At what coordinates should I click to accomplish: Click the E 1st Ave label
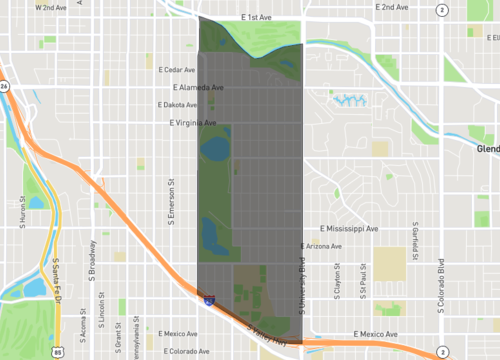[x=257, y=18]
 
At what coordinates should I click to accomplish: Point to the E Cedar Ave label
[x=177, y=70]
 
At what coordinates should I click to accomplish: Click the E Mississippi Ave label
[x=342, y=229]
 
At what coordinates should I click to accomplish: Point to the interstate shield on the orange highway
[x=208, y=298]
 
